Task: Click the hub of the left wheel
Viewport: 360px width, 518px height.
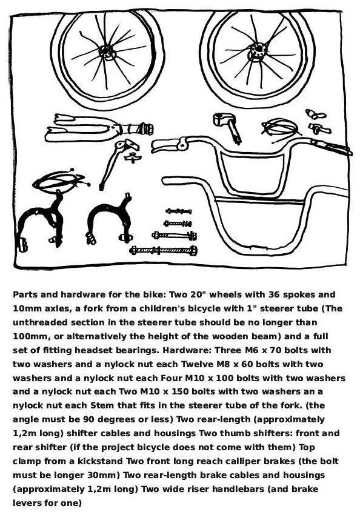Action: click(107, 52)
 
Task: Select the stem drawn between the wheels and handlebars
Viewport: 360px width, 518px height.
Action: click(228, 127)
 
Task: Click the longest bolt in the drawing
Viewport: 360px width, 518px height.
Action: click(164, 251)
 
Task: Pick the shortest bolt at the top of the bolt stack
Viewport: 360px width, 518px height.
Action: click(179, 211)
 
